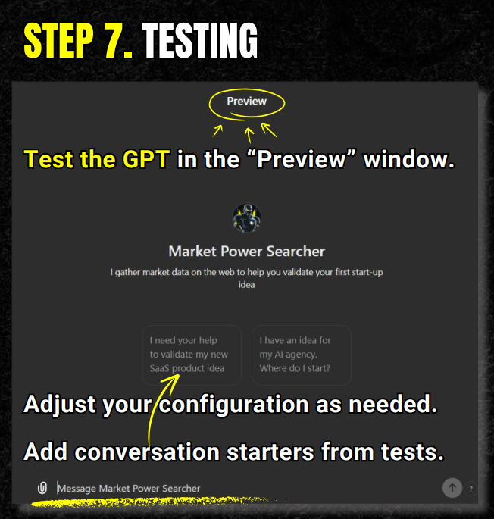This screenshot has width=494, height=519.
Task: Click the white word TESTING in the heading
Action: coord(200,41)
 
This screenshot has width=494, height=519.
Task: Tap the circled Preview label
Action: coord(247,102)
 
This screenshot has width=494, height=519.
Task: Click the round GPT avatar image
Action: coord(247,217)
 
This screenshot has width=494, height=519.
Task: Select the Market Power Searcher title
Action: coord(247,252)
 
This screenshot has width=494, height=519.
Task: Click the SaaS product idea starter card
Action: coord(192,355)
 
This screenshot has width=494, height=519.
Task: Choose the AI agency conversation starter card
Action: coord(302,355)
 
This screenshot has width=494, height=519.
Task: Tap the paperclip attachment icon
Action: coord(42,488)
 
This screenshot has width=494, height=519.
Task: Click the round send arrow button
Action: coord(452,487)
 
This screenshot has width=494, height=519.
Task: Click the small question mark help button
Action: coord(471,489)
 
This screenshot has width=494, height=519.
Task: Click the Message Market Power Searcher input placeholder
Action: coord(129,488)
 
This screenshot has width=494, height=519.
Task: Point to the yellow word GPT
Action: coord(146,159)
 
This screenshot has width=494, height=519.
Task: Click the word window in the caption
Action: coord(409,159)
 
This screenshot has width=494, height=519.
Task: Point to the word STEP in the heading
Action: coord(58,41)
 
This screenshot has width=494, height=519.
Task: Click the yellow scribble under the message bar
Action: coord(155,502)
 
